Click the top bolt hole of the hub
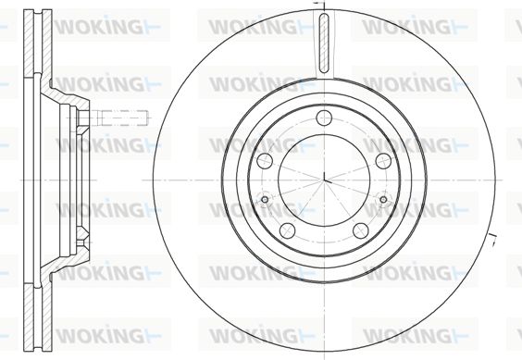point(324,118)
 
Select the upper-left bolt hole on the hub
point(266,161)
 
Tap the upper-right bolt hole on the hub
point(383,161)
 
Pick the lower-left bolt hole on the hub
point(288,230)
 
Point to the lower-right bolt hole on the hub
point(361,230)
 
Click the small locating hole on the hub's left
point(265,200)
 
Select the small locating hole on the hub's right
point(383,200)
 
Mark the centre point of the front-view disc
point(324,180)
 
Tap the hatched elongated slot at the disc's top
point(324,43)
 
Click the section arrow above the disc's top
point(319,3)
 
